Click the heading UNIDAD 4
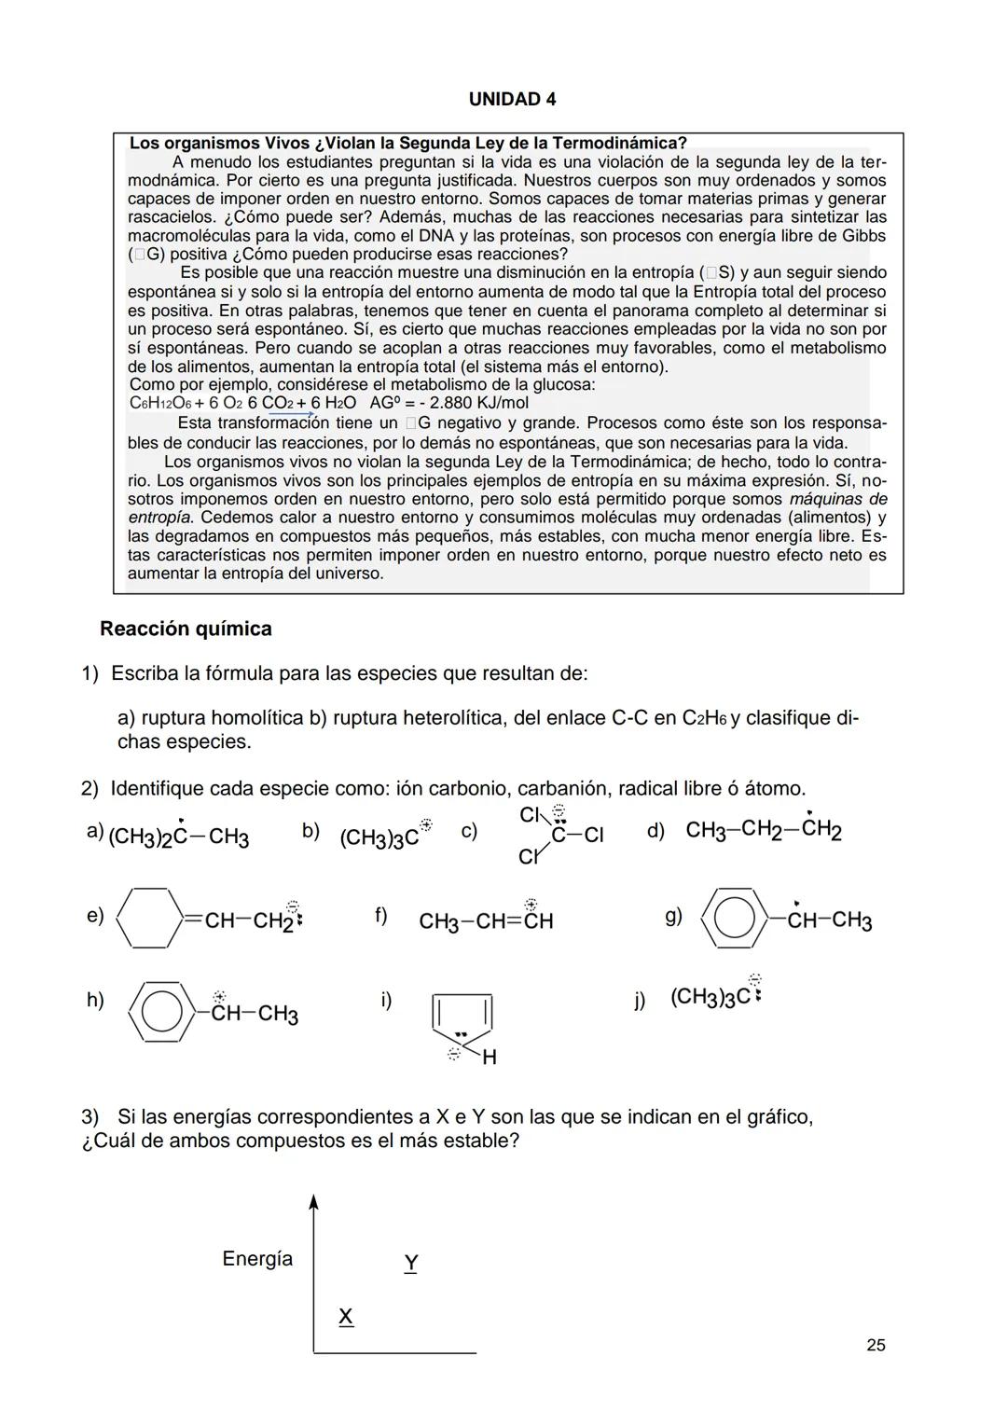pyautogui.click(x=512, y=99)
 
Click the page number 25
pyautogui.click(x=876, y=1345)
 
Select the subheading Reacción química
pyautogui.click(x=186, y=629)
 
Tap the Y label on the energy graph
pyautogui.click(x=411, y=1264)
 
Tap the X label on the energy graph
pyautogui.click(x=345, y=1316)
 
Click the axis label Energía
pyautogui.click(x=257, y=1259)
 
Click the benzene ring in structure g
pyautogui.click(x=736, y=919)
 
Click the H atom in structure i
pyautogui.click(x=490, y=1058)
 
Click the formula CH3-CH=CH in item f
pyautogui.click(x=486, y=921)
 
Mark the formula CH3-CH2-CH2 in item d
pyautogui.click(x=763, y=830)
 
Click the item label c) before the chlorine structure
pyautogui.click(x=469, y=831)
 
